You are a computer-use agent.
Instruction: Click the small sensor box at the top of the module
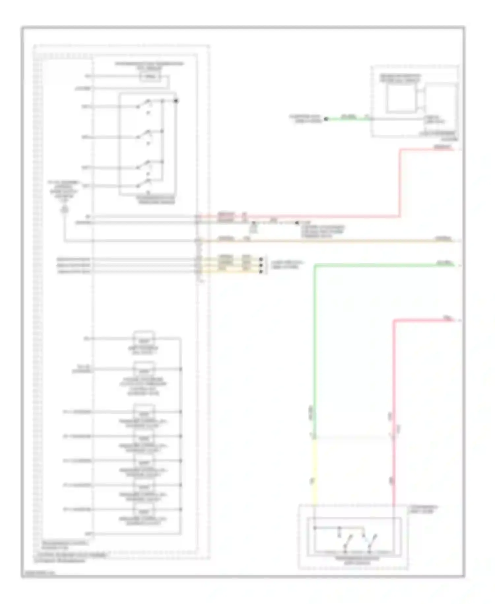click(x=150, y=77)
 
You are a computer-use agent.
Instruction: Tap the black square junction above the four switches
click(x=176, y=101)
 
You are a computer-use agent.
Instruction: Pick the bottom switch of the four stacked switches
click(x=144, y=183)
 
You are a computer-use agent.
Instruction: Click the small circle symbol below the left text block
click(x=65, y=209)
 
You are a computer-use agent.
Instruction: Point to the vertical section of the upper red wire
click(x=400, y=183)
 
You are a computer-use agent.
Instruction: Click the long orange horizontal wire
click(x=330, y=241)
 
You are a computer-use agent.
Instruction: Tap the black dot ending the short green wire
click(x=326, y=119)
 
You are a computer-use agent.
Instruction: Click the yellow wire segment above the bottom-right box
click(x=314, y=472)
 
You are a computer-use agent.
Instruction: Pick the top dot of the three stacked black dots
click(x=261, y=259)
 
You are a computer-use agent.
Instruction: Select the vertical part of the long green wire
click(x=315, y=347)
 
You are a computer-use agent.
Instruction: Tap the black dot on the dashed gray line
click(x=296, y=223)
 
